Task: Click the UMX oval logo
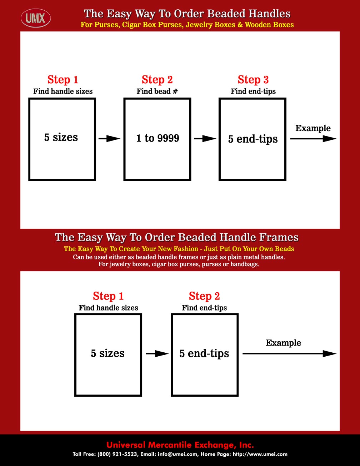coord(36,18)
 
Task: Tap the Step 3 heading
coord(253,80)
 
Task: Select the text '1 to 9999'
coord(157,138)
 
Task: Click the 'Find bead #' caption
coord(157,91)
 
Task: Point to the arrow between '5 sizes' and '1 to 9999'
coord(109,139)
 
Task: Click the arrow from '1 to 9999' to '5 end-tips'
coord(205,139)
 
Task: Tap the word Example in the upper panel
coord(313,128)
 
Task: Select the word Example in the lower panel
coord(283,343)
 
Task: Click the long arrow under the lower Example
coord(290,354)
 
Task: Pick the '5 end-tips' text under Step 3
coord(253,139)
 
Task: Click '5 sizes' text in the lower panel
coord(107,353)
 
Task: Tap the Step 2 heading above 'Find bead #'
coord(157,80)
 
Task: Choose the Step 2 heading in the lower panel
coord(204,296)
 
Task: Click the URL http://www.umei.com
coord(260,454)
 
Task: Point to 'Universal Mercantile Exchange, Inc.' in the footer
coord(180,445)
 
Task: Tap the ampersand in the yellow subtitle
coord(240,25)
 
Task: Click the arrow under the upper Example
coord(313,139)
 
